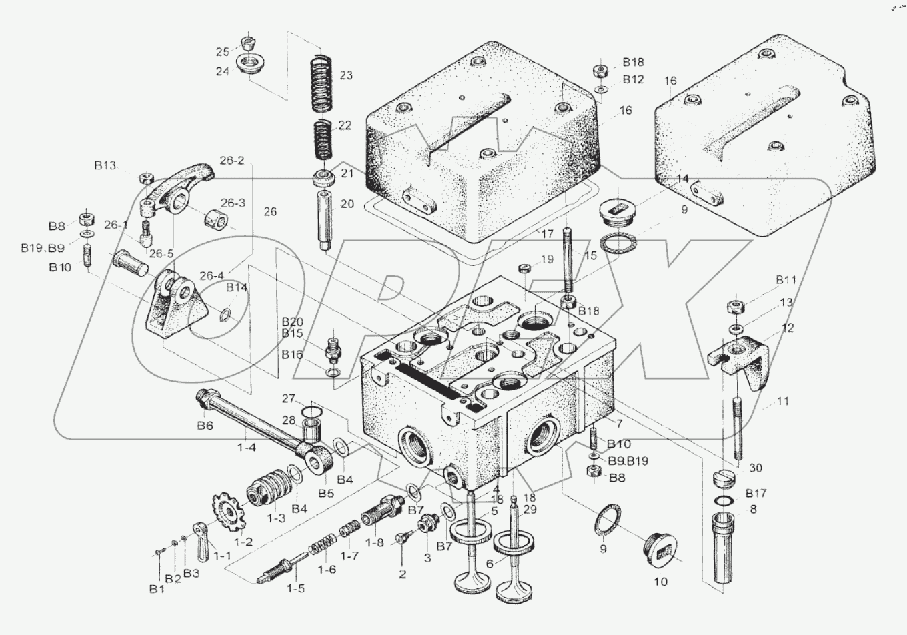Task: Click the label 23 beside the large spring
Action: pos(345,76)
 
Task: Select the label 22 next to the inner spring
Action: pos(345,125)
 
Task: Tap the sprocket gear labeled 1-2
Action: pos(226,514)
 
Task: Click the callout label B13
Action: pos(105,165)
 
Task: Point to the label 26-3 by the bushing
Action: pos(232,203)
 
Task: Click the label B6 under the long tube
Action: pos(205,426)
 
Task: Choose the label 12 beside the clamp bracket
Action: pos(788,328)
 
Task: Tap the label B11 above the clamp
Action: pos(786,280)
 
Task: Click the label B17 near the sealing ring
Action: pos(756,493)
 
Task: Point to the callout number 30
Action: pos(755,468)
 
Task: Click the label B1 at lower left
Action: pos(157,588)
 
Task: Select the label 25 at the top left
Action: pos(222,52)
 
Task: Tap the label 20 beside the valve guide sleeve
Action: pos(347,204)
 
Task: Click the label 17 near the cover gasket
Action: pos(547,234)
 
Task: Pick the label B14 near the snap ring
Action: pos(236,287)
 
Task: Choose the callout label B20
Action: pos(292,322)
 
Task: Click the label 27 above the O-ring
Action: pos(288,399)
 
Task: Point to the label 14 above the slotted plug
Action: pos(682,179)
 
